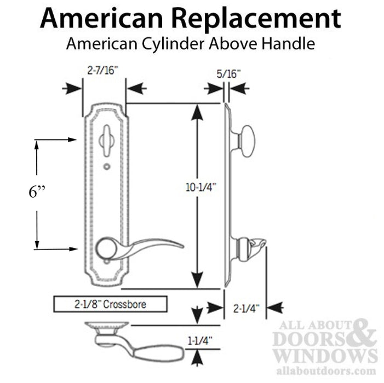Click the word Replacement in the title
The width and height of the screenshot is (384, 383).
(257, 19)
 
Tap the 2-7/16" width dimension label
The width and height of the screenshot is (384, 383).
(102, 71)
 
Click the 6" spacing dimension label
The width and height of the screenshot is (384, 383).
(37, 192)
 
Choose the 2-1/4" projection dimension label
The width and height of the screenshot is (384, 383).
(246, 309)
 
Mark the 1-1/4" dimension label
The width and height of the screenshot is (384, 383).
(199, 341)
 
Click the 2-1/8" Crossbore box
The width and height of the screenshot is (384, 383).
(111, 304)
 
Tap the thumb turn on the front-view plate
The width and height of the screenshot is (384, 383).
(107, 141)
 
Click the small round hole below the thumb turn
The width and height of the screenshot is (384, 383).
(107, 166)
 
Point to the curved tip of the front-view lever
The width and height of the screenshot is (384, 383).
(181, 245)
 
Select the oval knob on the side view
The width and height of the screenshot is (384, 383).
(248, 141)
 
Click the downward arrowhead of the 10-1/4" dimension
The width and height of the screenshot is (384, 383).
(197, 280)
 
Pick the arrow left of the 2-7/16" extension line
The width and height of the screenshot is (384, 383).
(72, 89)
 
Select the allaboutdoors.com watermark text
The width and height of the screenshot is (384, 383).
(326, 371)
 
